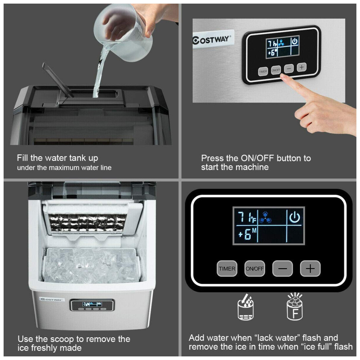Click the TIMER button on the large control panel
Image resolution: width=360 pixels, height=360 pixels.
pyautogui.click(x=227, y=269)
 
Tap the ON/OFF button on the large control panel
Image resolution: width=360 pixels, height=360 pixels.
pyautogui.click(x=255, y=269)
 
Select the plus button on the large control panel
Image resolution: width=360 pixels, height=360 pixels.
pyautogui.click(x=310, y=269)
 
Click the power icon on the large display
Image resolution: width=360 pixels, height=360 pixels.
pyautogui.click(x=294, y=217)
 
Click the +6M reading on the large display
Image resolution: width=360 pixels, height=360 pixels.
pyautogui.click(x=247, y=234)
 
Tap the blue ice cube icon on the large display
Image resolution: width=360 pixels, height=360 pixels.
pyautogui.click(x=265, y=217)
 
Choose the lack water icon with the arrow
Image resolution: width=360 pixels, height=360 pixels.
pyautogui.click(x=246, y=307)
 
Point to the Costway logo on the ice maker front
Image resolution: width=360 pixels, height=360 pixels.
pyautogui.click(x=51, y=300)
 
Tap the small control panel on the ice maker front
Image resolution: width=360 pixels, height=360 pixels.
pyautogui.click(x=92, y=305)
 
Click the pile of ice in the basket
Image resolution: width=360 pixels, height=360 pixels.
pyautogui.click(x=92, y=265)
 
